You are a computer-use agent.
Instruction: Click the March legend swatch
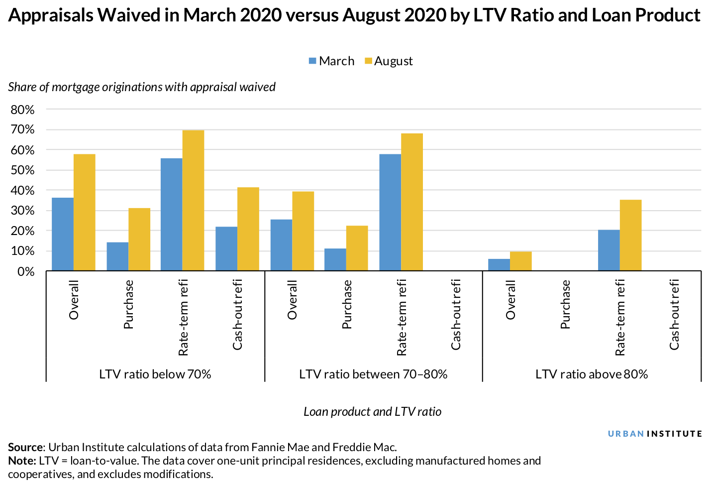click(312, 61)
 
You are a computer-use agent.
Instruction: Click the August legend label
click(393, 61)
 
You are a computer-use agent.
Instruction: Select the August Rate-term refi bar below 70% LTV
click(193, 200)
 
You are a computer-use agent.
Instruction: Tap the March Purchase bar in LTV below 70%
click(117, 256)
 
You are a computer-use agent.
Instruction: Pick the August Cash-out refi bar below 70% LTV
click(248, 229)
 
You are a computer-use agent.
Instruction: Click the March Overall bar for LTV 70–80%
click(281, 245)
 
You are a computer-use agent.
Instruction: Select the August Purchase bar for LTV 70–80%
click(357, 248)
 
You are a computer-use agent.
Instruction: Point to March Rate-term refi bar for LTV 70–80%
click(390, 213)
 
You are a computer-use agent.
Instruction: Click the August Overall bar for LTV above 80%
click(520, 261)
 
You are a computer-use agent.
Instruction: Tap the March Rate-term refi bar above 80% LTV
click(609, 250)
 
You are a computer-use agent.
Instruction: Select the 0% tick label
click(26, 272)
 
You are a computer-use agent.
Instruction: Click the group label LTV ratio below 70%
click(155, 374)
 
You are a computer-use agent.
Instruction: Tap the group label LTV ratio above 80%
click(592, 374)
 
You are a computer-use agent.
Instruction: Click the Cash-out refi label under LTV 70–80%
click(456, 314)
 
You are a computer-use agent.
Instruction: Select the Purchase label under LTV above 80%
click(565, 304)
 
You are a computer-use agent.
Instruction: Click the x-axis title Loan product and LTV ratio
click(372, 412)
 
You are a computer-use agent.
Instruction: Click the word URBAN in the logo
click(626, 434)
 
